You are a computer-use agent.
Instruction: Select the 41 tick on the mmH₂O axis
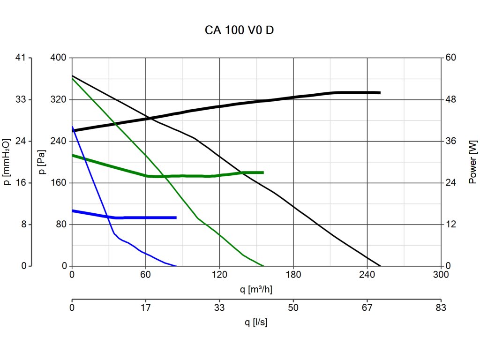click(x=21, y=58)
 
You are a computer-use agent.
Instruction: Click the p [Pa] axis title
click(x=43, y=162)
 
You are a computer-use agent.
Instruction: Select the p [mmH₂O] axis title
click(x=7, y=162)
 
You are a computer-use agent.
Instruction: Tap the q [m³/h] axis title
click(x=256, y=289)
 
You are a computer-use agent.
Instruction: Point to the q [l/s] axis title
click(x=256, y=322)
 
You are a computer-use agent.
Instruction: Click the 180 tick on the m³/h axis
click(x=293, y=275)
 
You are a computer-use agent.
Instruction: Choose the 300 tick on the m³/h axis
click(x=440, y=275)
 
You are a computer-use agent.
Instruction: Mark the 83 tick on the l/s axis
click(x=440, y=308)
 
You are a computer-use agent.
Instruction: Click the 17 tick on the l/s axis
click(x=146, y=308)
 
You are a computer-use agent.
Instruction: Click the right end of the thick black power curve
click(x=380, y=93)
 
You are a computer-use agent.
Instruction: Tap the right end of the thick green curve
click(x=263, y=172)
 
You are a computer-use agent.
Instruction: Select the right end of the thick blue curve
click(x=176, y=217)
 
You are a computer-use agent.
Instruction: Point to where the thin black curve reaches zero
click(x=380, y=266)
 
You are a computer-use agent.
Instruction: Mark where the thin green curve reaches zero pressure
click(x=264, y=266)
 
